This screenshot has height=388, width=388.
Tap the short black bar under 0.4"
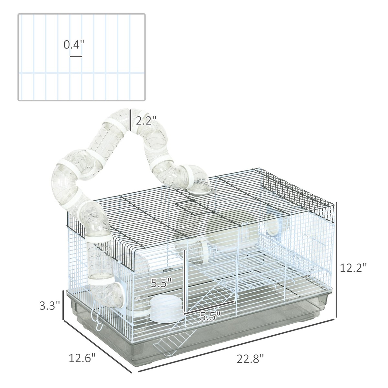point(76,57)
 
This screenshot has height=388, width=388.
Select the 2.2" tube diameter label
point(146,122)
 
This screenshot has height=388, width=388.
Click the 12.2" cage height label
point(353,268)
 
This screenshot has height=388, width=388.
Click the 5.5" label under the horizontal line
point(209,316)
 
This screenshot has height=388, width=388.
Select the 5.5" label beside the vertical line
point(161,284)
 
